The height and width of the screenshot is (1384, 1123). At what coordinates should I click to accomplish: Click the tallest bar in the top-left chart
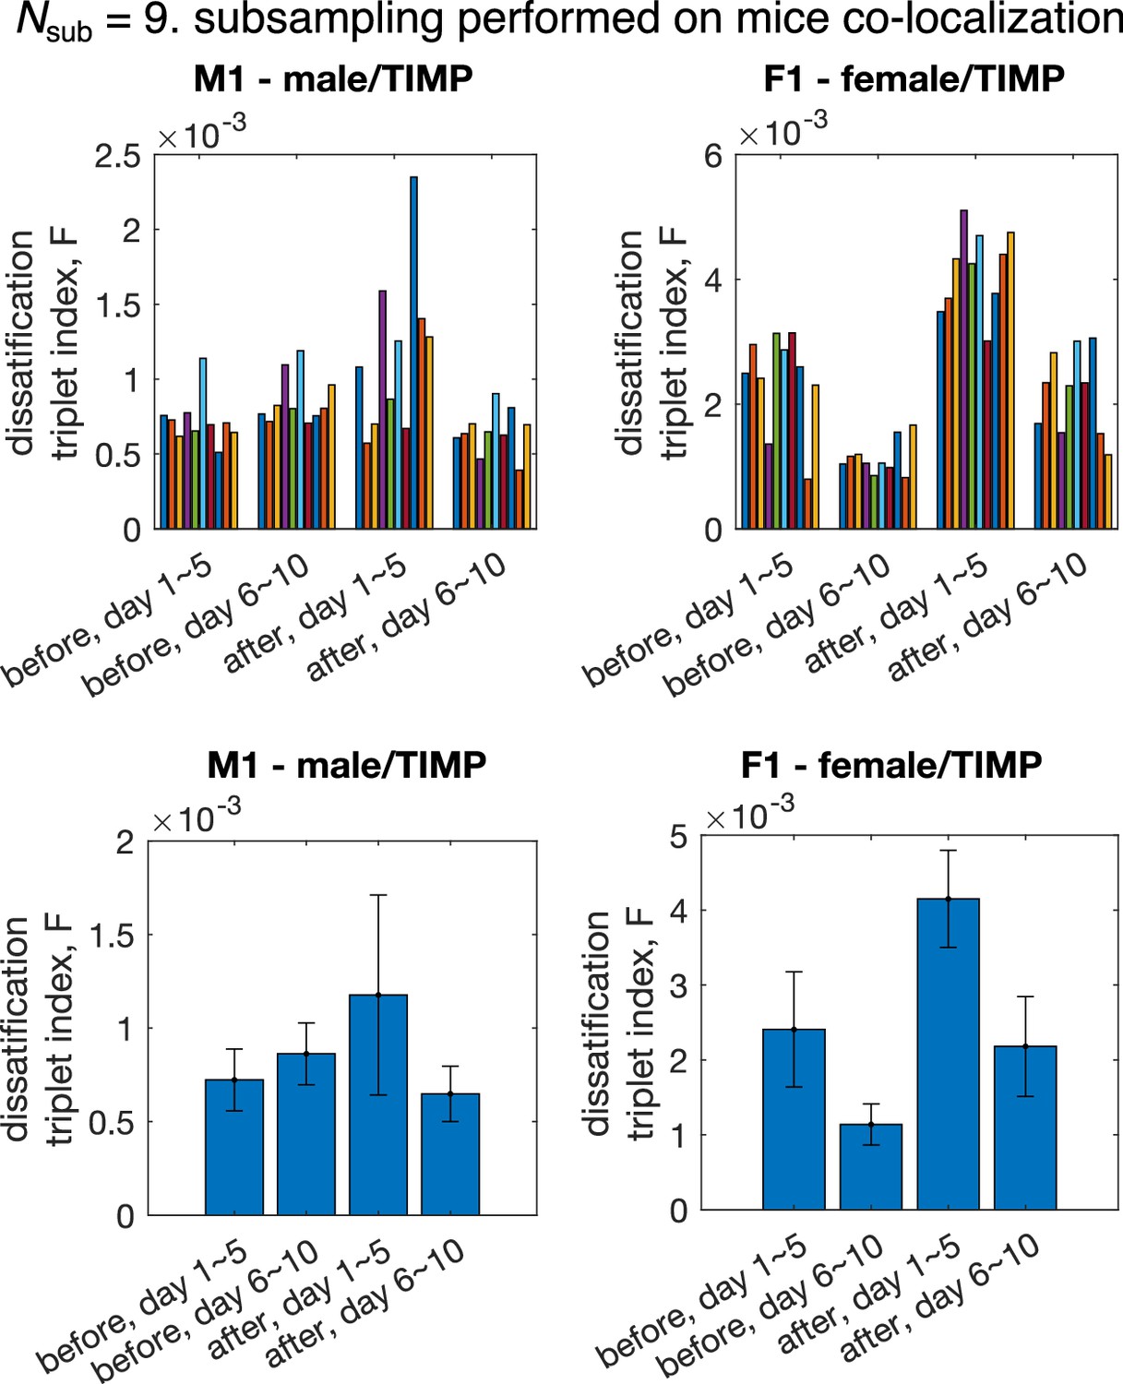(413, 352)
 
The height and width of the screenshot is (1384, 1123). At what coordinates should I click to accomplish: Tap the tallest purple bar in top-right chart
(963, 369)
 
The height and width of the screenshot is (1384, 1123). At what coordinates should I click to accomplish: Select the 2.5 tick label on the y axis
(117, 157)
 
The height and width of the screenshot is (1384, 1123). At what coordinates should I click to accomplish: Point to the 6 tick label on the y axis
(713, 157)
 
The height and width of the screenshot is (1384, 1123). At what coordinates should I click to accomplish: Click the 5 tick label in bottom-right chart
(678, 838)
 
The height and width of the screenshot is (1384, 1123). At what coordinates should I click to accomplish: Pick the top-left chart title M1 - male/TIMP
(333, 78)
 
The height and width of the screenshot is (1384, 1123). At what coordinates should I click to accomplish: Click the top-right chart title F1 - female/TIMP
(914, 78)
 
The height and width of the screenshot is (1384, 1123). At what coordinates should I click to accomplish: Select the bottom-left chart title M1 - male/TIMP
(346, 765)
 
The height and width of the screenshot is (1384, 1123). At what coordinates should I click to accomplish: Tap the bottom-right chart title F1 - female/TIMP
(891, 765)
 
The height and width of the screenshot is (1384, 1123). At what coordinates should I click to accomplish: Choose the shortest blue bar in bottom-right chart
(871, 1166)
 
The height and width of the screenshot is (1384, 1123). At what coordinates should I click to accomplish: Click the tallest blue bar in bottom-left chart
(378, 1104)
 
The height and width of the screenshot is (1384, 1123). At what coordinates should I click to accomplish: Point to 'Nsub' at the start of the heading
(54, 23)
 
